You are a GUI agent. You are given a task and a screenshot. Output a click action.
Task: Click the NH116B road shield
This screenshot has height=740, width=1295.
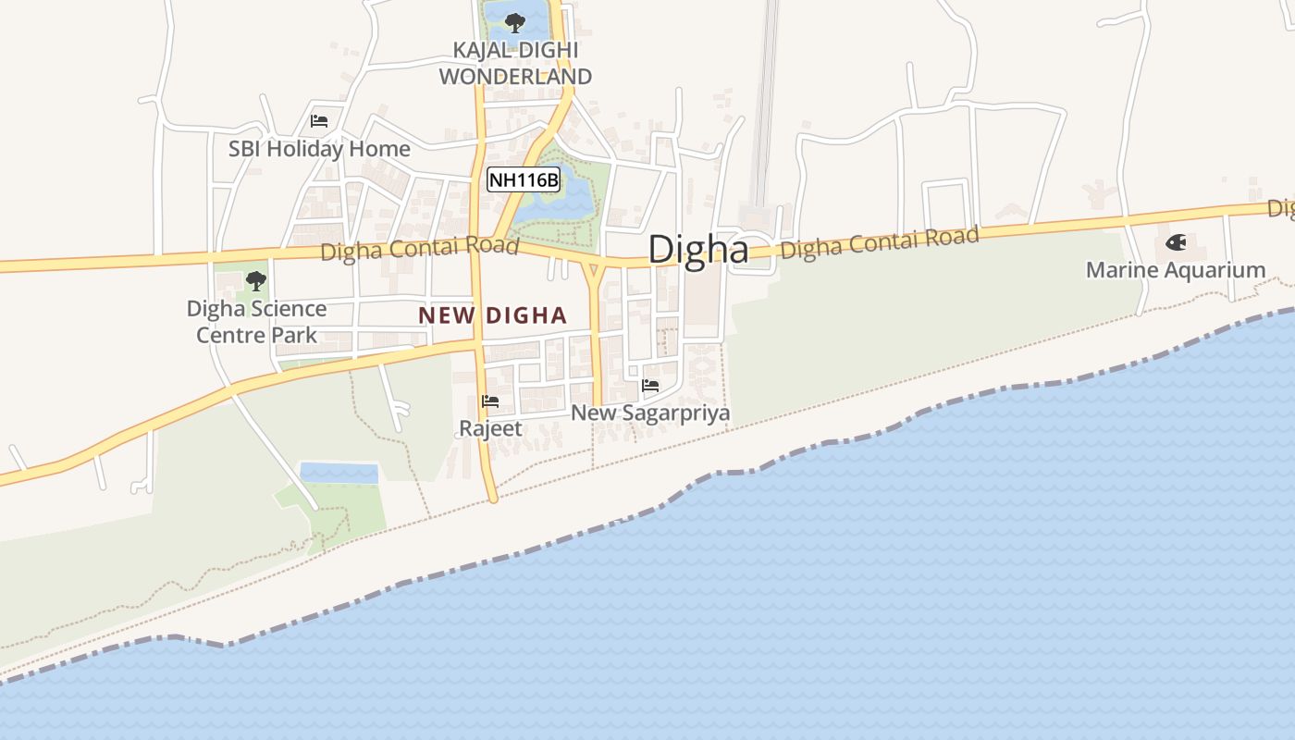click(524, 179)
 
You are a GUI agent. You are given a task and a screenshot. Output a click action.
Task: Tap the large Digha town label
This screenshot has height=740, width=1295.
click(697, 250)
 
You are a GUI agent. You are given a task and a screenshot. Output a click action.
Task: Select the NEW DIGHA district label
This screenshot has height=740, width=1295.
click(492, 315)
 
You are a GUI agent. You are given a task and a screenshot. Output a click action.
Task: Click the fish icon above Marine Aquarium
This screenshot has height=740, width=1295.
click(1176, 243)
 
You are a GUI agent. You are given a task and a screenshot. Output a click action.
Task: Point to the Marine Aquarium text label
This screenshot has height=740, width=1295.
click(1175, 270)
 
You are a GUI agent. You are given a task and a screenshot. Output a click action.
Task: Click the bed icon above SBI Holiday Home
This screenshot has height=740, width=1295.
click(319, 121)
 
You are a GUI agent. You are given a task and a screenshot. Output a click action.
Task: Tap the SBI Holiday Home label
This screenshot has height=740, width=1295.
click(319, 148)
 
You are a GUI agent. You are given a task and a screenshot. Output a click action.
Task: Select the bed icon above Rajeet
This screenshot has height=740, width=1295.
click(490, 401)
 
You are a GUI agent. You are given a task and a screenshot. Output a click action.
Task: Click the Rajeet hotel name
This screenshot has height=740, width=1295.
click(490, 428)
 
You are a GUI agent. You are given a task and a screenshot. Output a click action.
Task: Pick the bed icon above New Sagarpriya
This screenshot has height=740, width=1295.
click(650, 386)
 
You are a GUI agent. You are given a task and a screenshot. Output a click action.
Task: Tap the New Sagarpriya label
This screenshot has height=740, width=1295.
click(650, 413)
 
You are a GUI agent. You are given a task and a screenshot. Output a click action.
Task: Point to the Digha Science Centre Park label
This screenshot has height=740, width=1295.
click(256, 321)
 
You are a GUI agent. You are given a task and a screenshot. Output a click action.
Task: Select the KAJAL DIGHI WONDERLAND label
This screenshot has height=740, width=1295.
click(515, 63)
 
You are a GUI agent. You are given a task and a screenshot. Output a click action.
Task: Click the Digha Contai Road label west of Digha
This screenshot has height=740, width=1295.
click(419, 249)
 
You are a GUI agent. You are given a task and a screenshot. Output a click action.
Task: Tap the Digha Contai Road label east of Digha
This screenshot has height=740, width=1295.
click(879, 242)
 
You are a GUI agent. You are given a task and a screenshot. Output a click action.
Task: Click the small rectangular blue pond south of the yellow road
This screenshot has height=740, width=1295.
click(339, 473)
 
